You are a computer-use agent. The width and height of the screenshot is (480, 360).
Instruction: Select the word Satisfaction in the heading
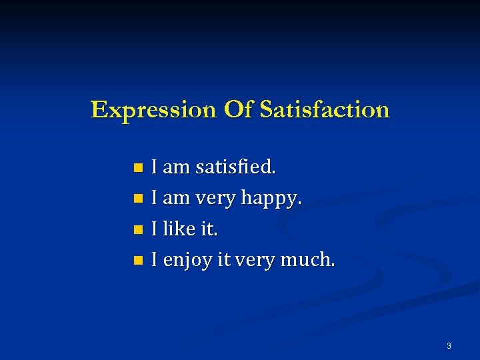[x=325, y=109]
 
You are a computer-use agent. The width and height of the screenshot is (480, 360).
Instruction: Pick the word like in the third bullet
[x=179, y=229]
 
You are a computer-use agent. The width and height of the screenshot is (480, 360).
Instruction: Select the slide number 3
[x=449, y=346]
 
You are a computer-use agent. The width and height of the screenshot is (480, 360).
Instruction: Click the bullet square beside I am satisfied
[x=138, y=167]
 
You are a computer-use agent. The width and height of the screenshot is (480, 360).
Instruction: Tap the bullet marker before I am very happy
[x=138, y=198]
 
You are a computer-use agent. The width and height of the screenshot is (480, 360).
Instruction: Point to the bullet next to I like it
[x=138, y=229]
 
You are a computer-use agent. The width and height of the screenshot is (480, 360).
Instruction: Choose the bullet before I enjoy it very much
[x=138, y=260]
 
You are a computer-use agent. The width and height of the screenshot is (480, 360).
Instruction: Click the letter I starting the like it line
[x=155, y=229]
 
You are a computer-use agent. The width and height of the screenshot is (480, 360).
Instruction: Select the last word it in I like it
[x=209, y=229]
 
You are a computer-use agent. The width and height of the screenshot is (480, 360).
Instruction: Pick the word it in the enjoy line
[x=225, y=259]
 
